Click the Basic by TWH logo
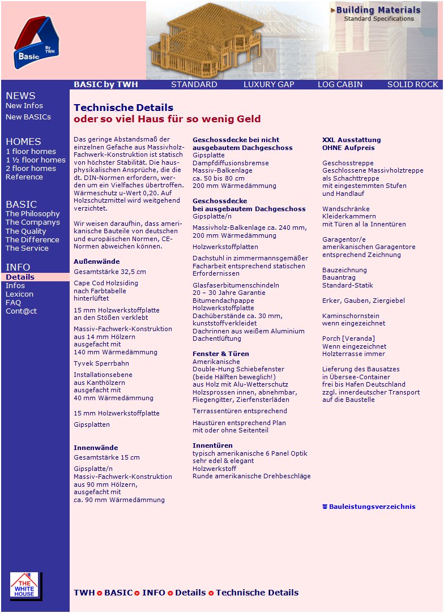pos(36,42)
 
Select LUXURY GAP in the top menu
pos(268,84)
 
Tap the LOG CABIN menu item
pos(340,84)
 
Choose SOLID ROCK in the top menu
pos(412,84)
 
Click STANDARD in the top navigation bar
pos(194,84)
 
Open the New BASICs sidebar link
pos(28,117)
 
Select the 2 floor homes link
pos(31,169)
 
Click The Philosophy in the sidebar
pos(32,214)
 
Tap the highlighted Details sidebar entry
pos(20,277)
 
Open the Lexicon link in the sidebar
pos(19,294)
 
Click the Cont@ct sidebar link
pos(21,311)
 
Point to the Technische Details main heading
pos(123,108)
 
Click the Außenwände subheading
pos(96,262)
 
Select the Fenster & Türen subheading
pos(220,354)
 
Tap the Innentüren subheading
pos(212,445)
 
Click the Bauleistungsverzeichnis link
pos(372,507)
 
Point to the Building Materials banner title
pos(378,10)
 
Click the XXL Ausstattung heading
pos(351,140)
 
